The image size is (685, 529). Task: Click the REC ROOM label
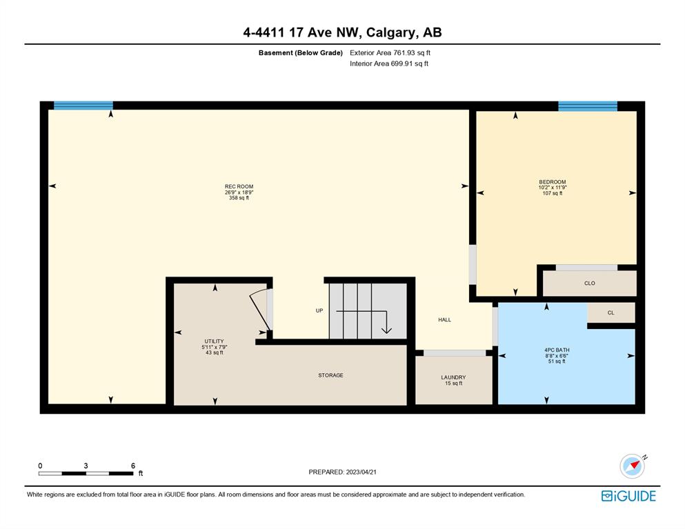point(239,186)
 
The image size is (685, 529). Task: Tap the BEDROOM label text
point(552,181)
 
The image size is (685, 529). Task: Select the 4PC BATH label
point(557,350)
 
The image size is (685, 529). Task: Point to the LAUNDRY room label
point(453,377)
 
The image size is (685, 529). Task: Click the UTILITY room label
point(214,341)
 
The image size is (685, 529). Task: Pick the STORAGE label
point(330,375)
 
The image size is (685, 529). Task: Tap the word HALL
point(445,320)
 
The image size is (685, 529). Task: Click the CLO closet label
point(590,283)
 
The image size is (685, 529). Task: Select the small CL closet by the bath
point(610,312)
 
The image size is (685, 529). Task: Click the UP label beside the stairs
point(319,310)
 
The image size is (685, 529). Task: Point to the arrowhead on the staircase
point(386,330)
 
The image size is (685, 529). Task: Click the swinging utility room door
point(259,312)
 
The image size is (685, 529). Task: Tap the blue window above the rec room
point(83,106)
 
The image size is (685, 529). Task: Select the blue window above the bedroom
point(588,106)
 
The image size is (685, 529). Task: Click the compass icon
point(633,466)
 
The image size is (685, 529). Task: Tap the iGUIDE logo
point(628,496)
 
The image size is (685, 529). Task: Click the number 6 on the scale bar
point(133,466)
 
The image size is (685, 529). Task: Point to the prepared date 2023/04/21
point(361,472)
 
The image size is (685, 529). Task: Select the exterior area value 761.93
point(404,53)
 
